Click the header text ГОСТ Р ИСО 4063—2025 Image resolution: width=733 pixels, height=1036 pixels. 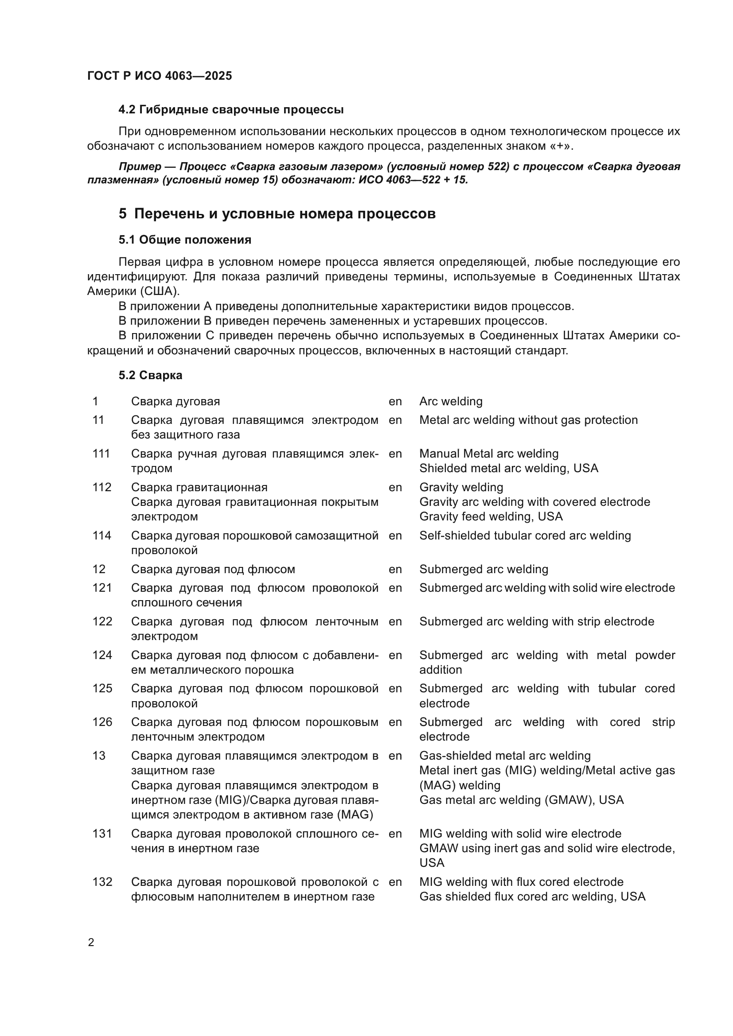(x=160, y=76)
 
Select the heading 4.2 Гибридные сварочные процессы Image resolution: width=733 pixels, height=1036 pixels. (x=230, y=110)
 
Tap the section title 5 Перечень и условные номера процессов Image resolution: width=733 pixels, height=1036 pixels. (x=277, y=213)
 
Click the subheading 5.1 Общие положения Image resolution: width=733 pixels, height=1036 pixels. (x=185, y=240)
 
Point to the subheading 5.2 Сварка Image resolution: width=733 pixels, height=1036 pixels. (x=150, y=375)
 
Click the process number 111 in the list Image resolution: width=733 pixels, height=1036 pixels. (x=101, y=454)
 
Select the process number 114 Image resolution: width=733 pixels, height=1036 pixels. (x=101, y=535)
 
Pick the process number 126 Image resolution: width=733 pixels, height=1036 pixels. (x=102, y=722)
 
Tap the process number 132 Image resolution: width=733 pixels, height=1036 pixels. (x=102, y=882)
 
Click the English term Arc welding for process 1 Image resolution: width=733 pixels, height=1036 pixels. (x=450, y=401)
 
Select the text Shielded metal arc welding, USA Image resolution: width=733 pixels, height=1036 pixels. (x=508, y=468)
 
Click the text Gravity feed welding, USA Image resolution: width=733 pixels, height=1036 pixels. (x=491, y=516)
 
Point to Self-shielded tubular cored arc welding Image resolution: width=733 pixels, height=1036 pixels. (x=524, y=535)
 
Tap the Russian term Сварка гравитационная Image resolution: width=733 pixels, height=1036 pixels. (x=199, y=487)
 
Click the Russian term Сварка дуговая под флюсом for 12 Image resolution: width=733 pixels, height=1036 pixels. (x=213, y=569)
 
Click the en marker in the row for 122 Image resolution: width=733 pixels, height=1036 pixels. (x=395, y=621)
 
